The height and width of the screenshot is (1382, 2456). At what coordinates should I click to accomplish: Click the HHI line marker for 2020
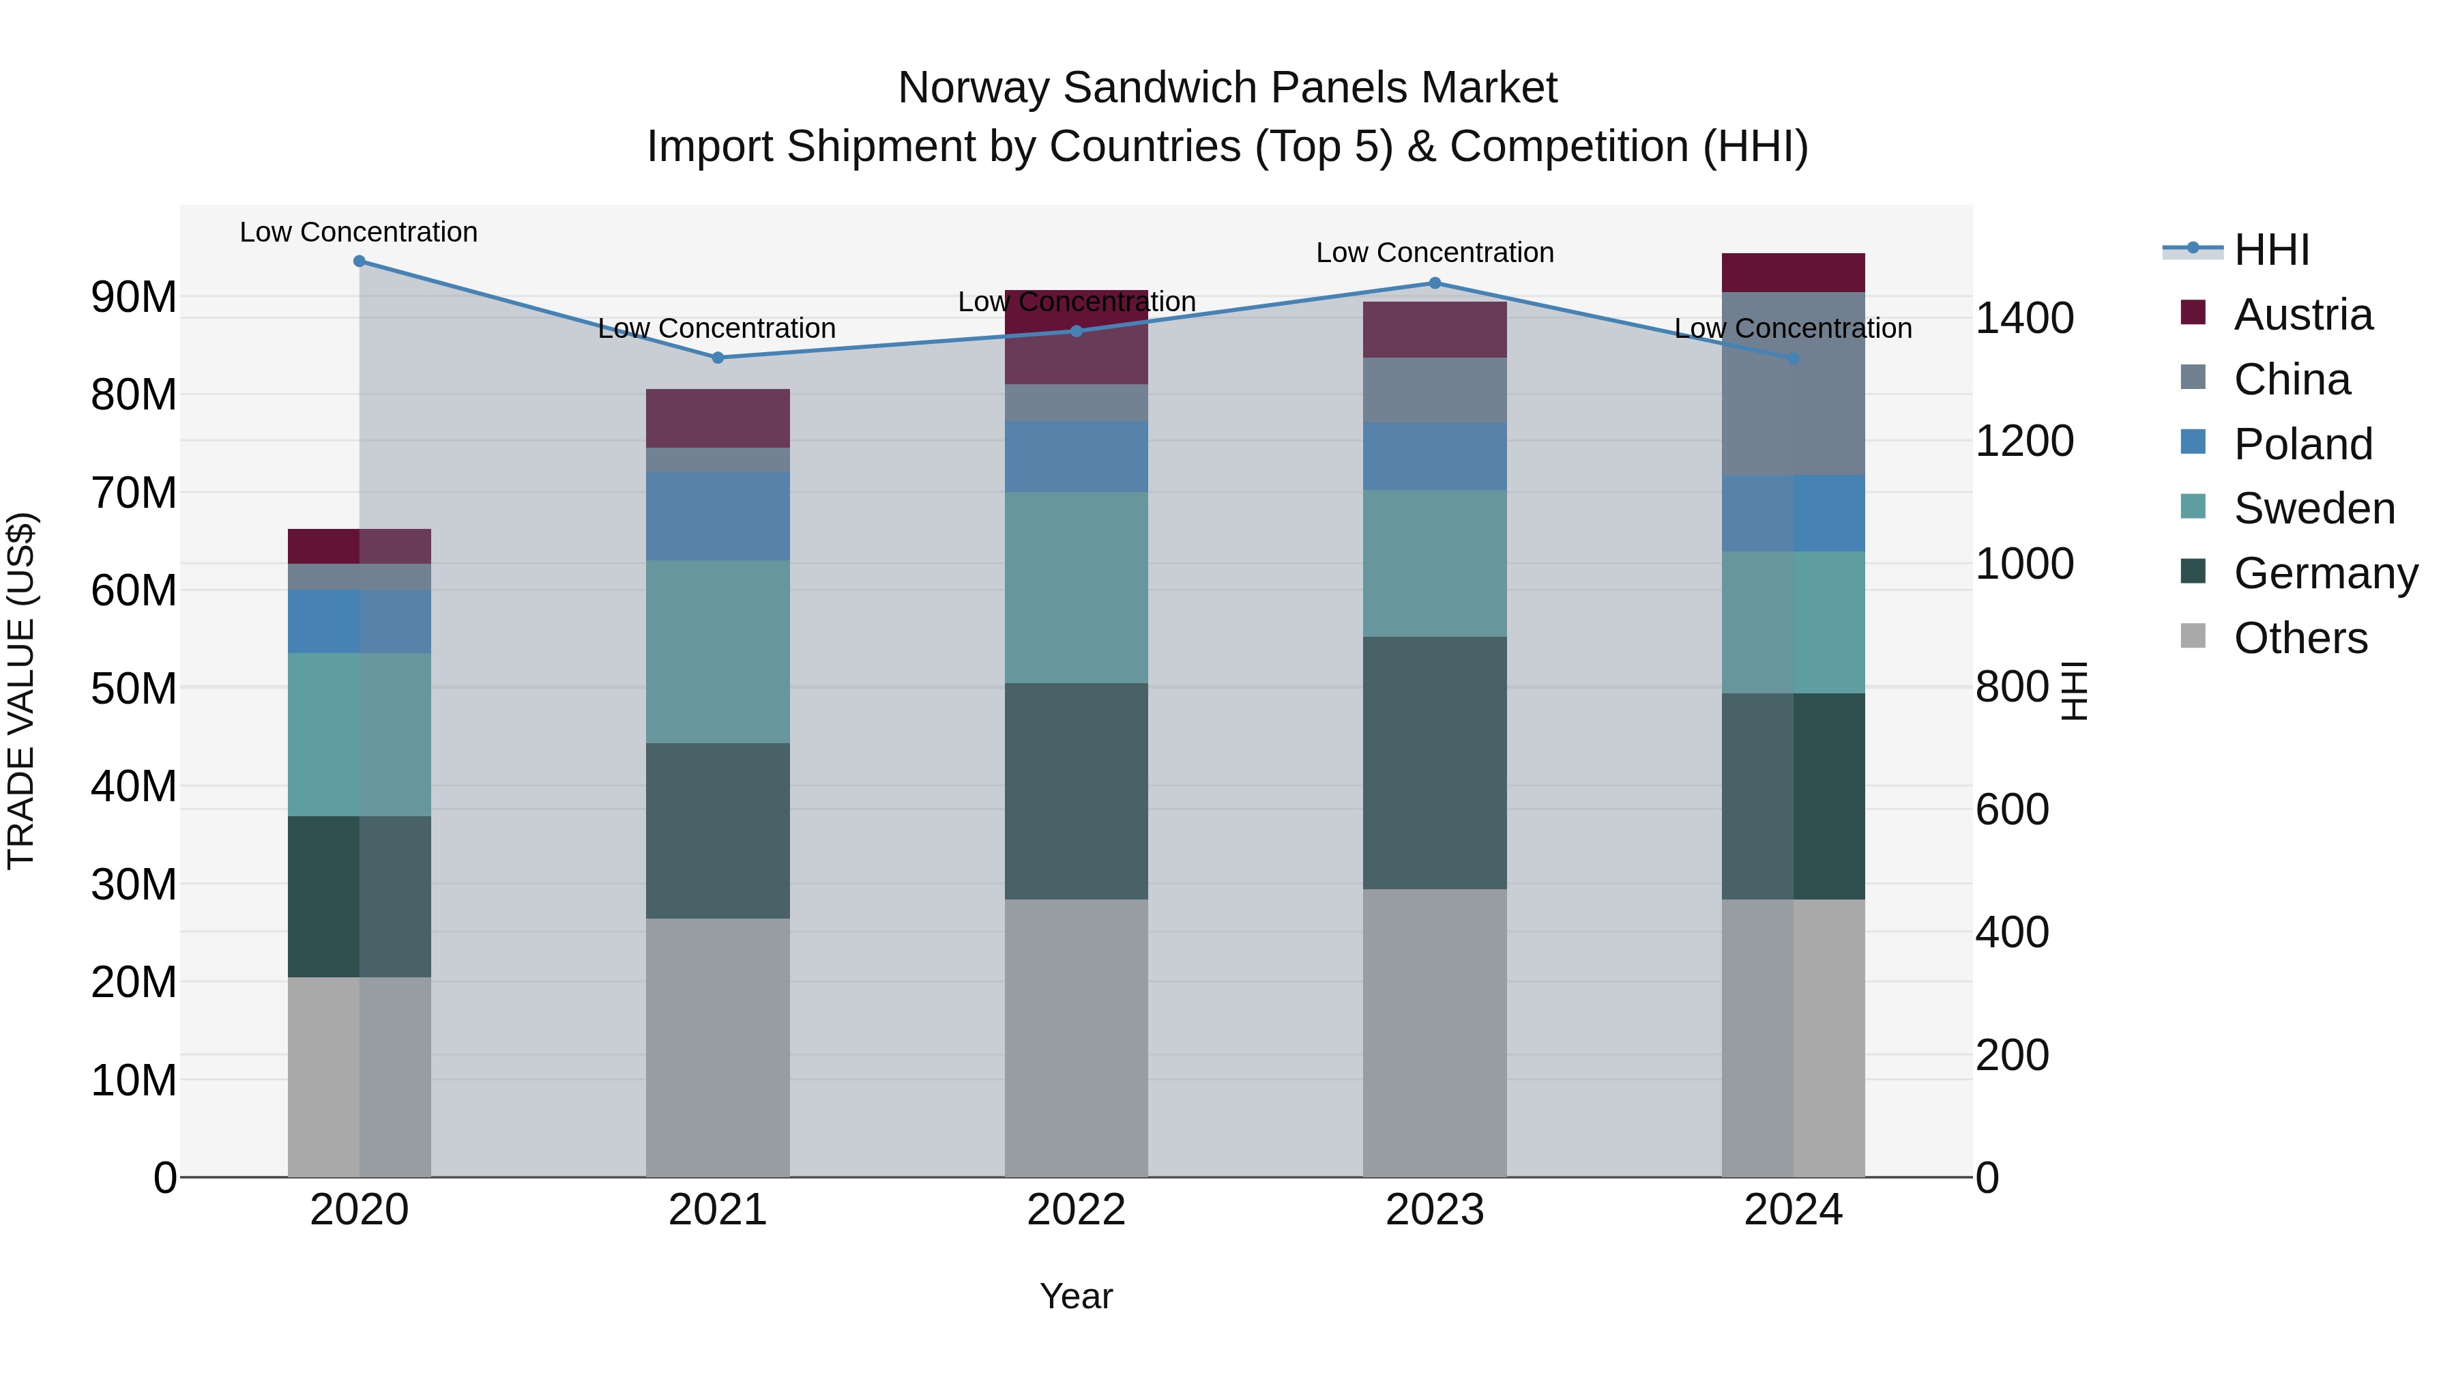tap(360, 261)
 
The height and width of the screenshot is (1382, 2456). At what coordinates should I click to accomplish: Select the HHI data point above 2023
tap(1435, 283)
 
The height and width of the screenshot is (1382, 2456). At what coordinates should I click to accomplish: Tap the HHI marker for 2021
tap(718, 358)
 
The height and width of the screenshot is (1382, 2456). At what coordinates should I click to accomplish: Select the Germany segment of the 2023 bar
tap(1435, 763)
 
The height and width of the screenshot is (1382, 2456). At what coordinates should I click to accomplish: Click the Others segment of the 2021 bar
tap(718, 1047)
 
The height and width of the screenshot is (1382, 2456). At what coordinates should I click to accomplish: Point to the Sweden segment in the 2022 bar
tap(1077, 588)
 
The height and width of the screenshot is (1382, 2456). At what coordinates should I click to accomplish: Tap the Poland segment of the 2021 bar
tap(718, 516)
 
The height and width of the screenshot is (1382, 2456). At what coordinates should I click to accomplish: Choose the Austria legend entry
tap(2302, 315)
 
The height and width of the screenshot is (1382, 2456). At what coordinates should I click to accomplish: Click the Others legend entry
tap(2300, 638)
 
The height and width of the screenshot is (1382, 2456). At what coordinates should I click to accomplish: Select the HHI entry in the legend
tap(2271, 250)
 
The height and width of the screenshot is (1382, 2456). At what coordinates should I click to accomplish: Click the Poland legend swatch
tap(2193, 442)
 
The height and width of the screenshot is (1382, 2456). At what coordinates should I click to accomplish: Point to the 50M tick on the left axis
tap(134, 689)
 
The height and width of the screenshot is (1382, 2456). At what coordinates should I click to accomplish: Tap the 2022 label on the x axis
tap(1077, 1210)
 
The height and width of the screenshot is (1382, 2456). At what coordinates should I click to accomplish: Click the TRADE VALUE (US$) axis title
tap(21, 691)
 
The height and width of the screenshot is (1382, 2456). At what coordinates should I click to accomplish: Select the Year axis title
tap(1077, 1296)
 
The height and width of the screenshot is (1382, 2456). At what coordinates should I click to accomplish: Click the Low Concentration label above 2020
tap(358, 232)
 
